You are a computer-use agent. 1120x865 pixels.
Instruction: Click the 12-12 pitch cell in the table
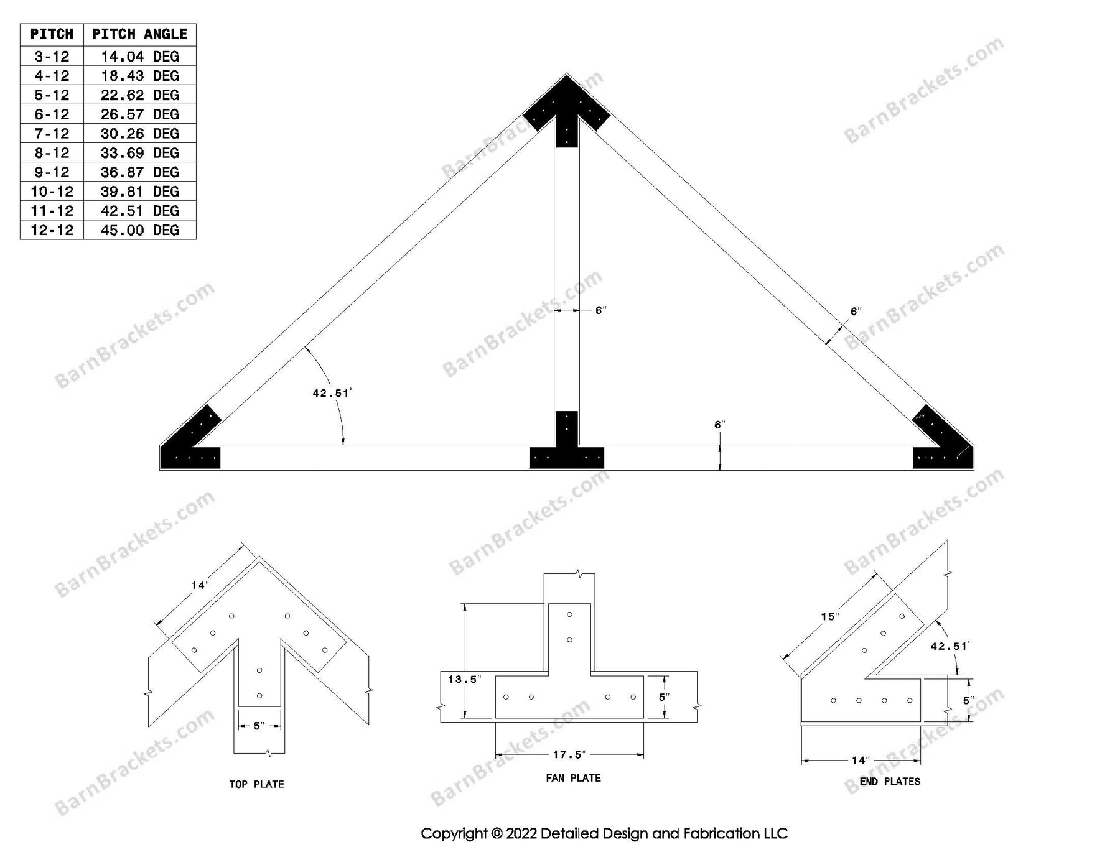click(52, 230)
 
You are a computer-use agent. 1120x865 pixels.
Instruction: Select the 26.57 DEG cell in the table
click(139, 114)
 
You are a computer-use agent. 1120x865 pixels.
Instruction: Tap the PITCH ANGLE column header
click(139, 34)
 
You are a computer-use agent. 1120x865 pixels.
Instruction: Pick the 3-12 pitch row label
click(52, 57)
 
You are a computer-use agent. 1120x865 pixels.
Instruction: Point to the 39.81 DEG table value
click(139, 192)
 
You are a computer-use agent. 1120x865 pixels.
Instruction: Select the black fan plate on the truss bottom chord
click(566, 448)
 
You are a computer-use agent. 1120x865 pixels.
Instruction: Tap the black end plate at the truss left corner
click(190, 445)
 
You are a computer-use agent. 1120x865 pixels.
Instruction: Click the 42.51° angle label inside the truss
click(332, 393)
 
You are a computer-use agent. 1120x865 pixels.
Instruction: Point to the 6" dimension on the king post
click(600, 310)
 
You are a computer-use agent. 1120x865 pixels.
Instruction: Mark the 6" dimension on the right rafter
click(856, 312)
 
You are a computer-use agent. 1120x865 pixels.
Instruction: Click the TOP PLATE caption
click(256, 784)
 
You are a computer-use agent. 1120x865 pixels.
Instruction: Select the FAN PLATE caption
click(573, 778)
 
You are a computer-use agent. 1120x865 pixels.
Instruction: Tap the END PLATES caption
click(889, 782)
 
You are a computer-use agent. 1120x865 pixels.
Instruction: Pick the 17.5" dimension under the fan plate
click(569, 755)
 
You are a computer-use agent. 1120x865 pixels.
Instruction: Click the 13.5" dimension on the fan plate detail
click(464, 680)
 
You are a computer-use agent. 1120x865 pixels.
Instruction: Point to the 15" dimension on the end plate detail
click(829, 617)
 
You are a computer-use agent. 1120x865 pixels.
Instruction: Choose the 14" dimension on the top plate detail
click(199, 585)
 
